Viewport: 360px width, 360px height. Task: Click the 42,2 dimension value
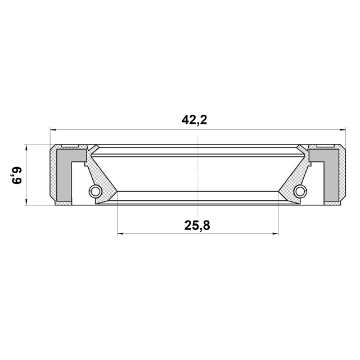pos(194,120)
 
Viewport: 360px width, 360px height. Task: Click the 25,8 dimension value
pos(197,226)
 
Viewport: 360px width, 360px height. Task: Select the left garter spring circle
pos(95,191)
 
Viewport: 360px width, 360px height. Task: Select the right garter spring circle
pos(300,191)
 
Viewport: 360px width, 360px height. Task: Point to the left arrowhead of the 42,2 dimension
pos(53,130)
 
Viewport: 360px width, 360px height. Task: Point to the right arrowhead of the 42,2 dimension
pos(343,130)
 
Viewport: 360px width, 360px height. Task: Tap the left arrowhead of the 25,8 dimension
pos(120,234)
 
